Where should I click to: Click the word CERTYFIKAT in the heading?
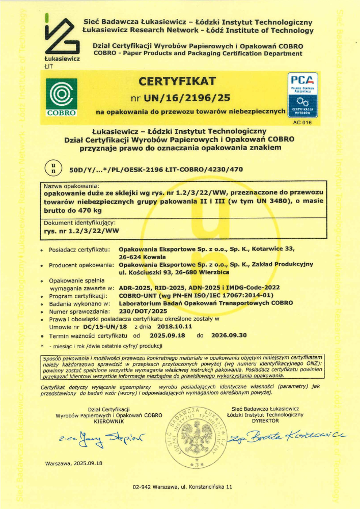tap(178, 81)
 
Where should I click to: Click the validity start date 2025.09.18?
tap(168, 335)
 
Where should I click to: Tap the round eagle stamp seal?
tap(196, 437)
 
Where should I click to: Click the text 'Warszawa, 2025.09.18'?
tap(74, 463)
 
